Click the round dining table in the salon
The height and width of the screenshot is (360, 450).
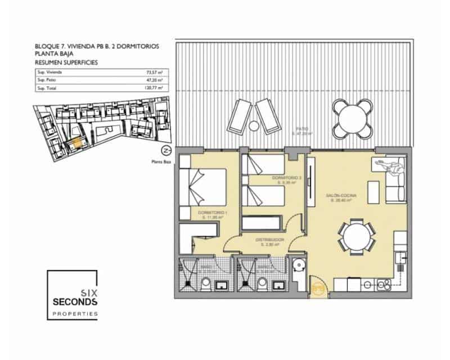click(357, 236)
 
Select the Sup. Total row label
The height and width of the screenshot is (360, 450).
click(48, 88)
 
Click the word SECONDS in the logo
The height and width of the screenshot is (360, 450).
click(75, 303)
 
